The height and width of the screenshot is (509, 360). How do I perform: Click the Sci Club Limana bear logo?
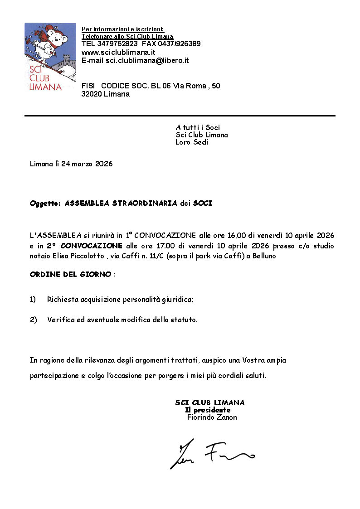tap(44, 57)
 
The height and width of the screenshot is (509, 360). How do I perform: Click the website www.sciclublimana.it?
tap(119, 52)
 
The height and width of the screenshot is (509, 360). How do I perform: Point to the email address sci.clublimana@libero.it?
tap(147, 60)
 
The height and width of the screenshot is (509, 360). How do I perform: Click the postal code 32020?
tap(92, 94)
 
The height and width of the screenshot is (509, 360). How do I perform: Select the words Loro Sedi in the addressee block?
tap(192, 142)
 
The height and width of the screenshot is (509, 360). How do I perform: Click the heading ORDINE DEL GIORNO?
tap(70, 275)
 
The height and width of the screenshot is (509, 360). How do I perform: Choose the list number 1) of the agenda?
tap(33, 300)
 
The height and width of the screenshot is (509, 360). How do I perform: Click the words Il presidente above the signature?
tap(208, 410)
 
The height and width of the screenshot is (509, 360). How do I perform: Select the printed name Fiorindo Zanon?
tap(212, 417)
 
